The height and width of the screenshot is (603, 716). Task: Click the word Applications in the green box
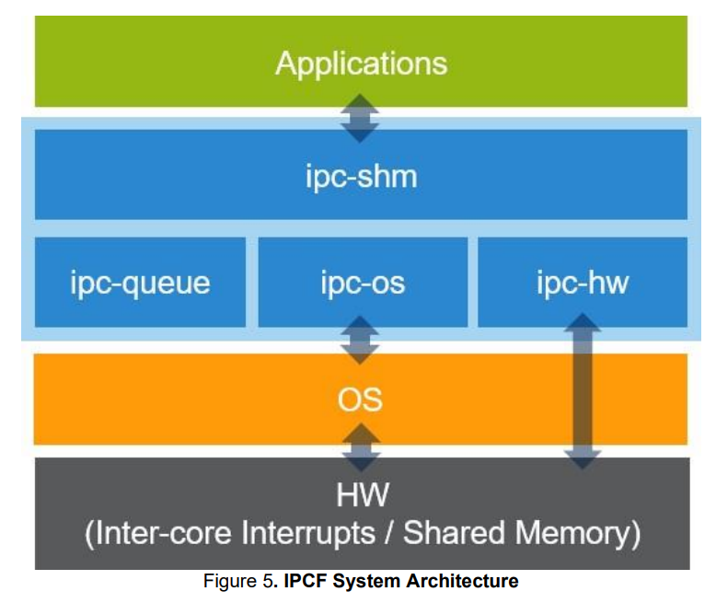pyautogui.click(x=361, y=64)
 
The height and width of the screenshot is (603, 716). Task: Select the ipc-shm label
pyautogui.click(x=361, y=176)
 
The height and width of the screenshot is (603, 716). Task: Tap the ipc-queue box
pyautogui.click(x=140, y=283)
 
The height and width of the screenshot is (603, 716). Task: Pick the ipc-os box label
pyautogui.click(x=362, y=283)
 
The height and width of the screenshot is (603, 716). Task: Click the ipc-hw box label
pyautogui.click(x=582, y=283)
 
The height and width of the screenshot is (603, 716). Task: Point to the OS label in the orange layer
pyautogui.click(x=361, y=400)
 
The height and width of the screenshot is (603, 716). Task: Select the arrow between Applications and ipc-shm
pyautogui.click(x=361, y=118)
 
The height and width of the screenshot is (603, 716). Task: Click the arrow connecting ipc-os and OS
pyautogui.click(x=361, y=341)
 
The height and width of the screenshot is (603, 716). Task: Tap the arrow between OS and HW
pyautogui.click(x=361, y=447)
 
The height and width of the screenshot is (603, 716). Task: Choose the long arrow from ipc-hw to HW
pyautogui.click(x=582, y=391)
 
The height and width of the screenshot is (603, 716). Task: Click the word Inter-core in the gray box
pyautogui.click(x=164, y=532)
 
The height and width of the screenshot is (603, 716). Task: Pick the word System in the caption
pyautogui.click(x=372, y=582)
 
